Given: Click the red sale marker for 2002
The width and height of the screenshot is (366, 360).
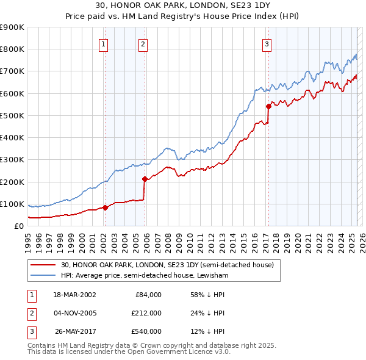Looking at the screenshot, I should click(105, 207).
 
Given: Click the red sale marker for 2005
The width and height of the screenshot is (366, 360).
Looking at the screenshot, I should click(145, 179).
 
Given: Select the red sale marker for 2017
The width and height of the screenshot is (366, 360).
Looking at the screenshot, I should click(268, 106).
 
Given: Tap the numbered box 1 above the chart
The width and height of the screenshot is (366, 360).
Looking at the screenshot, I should click(104, 43).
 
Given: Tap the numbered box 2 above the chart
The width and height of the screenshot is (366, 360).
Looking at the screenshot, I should click(143, 43).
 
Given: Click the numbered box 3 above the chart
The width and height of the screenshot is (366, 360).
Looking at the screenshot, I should click(267, 43).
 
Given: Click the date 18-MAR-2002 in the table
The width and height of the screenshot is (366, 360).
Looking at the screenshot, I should click(74, 295).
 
